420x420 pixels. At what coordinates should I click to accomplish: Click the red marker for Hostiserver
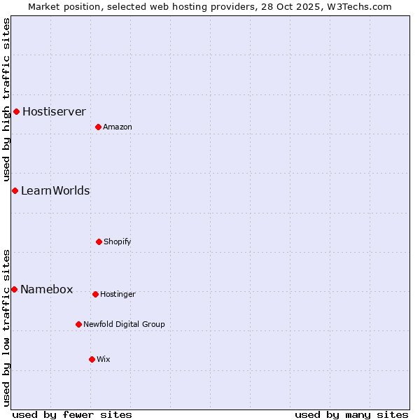point(16,111)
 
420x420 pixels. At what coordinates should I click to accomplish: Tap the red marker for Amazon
point(98,127)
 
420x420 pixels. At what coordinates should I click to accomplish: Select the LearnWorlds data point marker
point(15,190)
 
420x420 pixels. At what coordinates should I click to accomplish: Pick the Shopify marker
point(99,241)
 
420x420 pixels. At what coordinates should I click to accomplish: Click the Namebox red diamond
point(14,289)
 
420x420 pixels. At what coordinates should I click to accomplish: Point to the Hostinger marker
point(95,294)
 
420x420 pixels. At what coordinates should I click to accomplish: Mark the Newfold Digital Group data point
point(78,324)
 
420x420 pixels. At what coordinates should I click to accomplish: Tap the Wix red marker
point(92,359)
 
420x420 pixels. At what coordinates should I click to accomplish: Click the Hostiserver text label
point(54,111)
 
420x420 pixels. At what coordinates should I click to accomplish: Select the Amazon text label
point(118,127)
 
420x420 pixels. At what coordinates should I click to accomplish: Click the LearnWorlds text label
point(55,190)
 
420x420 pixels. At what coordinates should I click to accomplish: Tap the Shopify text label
point(118,241)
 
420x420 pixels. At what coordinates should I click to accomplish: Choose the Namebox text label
point(47,289)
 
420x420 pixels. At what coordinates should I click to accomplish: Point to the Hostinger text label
point(118,294)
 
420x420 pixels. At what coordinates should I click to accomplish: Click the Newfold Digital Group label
point(124,324)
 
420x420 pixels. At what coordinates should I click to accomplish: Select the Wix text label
point(104,359)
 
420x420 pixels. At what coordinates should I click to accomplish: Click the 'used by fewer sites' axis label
point(72,414)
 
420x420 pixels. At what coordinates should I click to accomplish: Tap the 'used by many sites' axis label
point(351,414)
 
